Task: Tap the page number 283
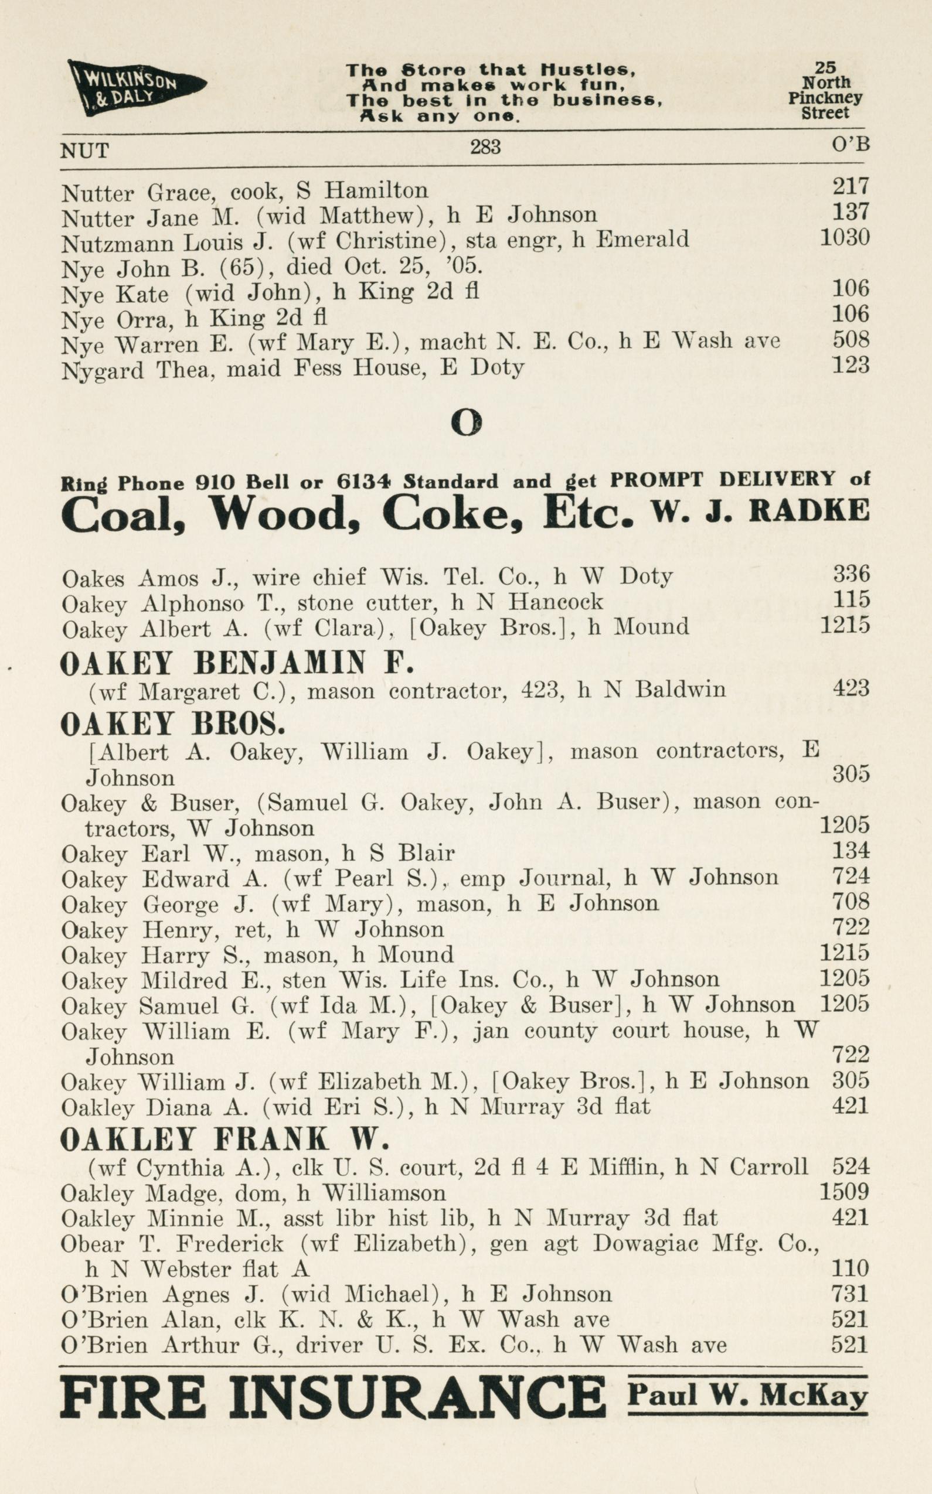click(485, 146)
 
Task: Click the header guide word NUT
click(84, 151)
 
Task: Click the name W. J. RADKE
click(761, 511)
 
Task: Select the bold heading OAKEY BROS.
click(172, 725)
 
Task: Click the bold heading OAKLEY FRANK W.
click(225, 1140)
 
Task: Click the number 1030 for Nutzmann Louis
click(845, 238)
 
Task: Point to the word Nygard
click(103, 371)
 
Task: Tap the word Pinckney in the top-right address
click(825, 98)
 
